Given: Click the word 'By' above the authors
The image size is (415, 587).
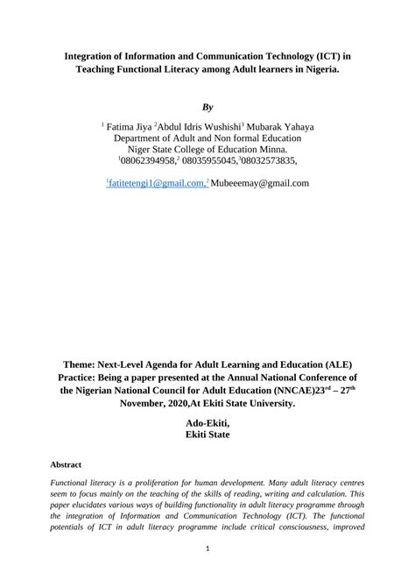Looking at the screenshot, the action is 207,107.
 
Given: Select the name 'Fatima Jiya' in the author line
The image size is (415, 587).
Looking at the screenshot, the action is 130,127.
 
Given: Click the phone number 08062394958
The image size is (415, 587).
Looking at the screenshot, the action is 147,161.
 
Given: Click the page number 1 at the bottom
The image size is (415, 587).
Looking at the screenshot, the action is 207,549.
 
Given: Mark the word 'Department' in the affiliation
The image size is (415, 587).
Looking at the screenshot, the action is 144,138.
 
